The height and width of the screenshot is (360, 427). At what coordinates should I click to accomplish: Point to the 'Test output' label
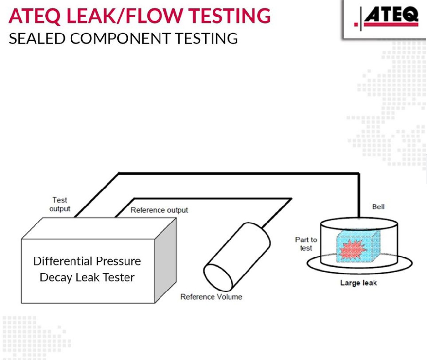coord(59,204)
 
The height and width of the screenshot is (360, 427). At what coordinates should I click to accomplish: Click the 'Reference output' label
coord(159,210)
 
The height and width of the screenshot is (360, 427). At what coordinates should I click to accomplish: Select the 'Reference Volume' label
coord(211,296)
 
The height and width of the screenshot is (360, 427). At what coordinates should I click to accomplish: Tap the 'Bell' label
coord(378,206)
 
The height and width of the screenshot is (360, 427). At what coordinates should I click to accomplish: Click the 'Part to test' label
coord(305,244)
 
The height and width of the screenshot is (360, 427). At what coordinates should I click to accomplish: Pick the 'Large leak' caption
coord(358,283)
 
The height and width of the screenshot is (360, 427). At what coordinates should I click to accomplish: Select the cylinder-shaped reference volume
coord(237,259)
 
